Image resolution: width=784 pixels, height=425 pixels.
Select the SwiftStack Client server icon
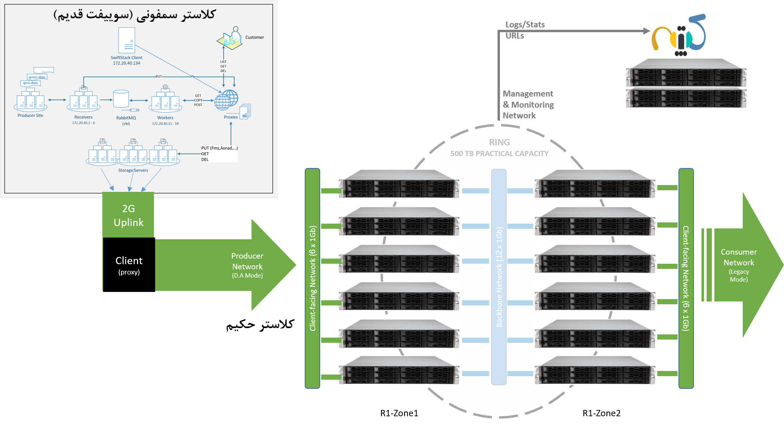point(127,40)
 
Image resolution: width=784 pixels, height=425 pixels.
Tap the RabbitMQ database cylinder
point(121,99)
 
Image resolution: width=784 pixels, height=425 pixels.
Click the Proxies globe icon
point(226,100)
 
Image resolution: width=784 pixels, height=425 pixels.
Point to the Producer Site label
point(30,116)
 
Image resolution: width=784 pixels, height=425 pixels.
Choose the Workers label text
point(165,118)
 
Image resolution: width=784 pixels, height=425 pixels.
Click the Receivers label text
point(83,117)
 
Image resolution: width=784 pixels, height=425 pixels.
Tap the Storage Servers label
point(133,170)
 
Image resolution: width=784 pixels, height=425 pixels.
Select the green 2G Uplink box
point(128,215)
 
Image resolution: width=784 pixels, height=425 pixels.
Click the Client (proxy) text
point(129,265)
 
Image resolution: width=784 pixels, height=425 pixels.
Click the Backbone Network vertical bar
point(499,277)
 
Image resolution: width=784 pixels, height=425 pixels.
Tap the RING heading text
point(500,142)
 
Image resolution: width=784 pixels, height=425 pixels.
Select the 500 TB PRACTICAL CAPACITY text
point(500,154)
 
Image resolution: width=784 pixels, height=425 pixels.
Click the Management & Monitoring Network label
point(528,105)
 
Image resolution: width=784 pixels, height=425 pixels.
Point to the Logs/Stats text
point(525,25)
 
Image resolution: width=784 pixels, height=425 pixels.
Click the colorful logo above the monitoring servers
point(679,35)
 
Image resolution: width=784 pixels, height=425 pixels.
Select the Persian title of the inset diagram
point(135,15)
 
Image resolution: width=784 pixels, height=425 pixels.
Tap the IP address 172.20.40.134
point(127,63)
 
